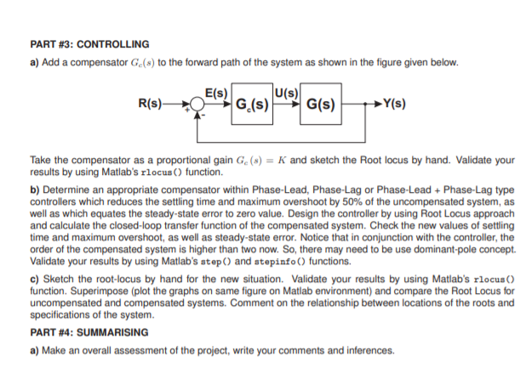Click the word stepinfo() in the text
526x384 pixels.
coord(297,262)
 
